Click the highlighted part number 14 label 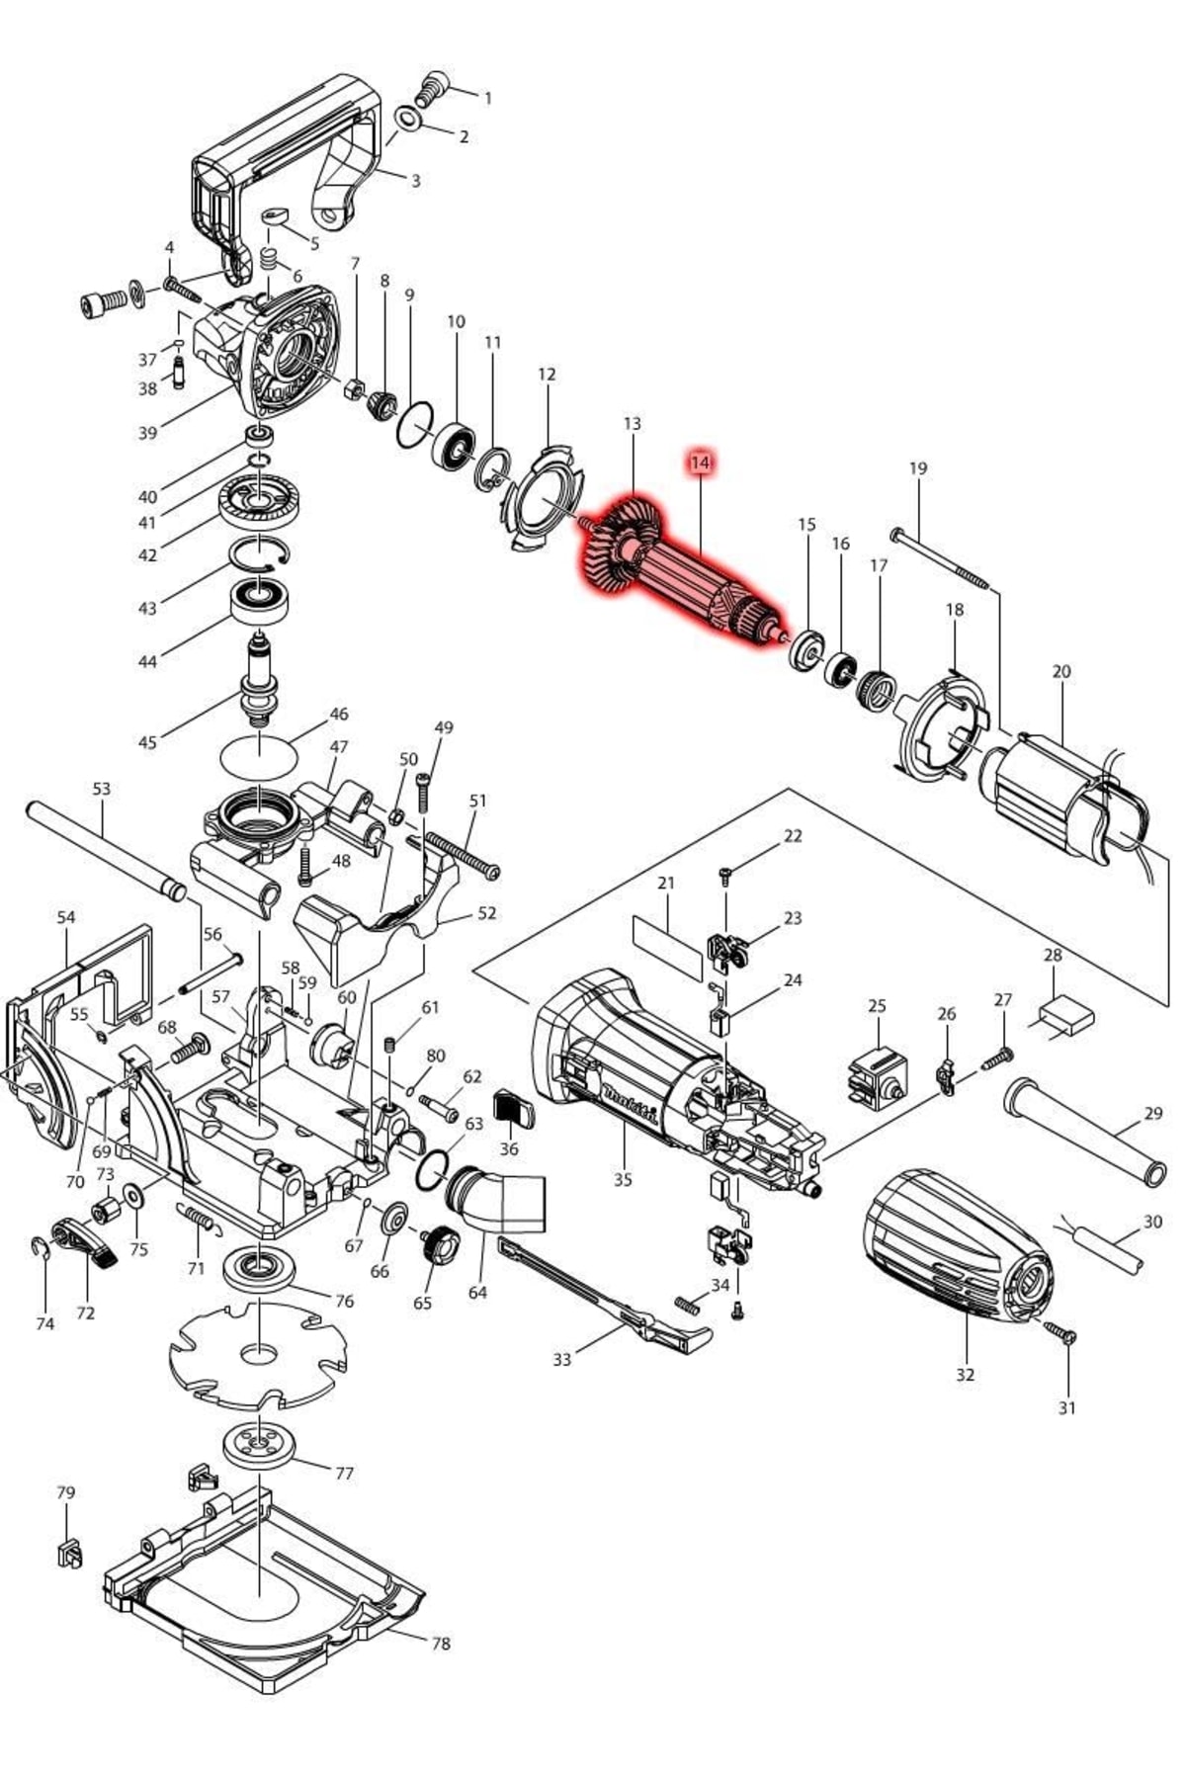coord(701,463)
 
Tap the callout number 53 coord(102,789)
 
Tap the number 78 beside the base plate coord(441,1643)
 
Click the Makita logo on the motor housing coord(630,1104)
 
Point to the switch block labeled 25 coord(877,1076)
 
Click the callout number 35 coord(623,1179)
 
